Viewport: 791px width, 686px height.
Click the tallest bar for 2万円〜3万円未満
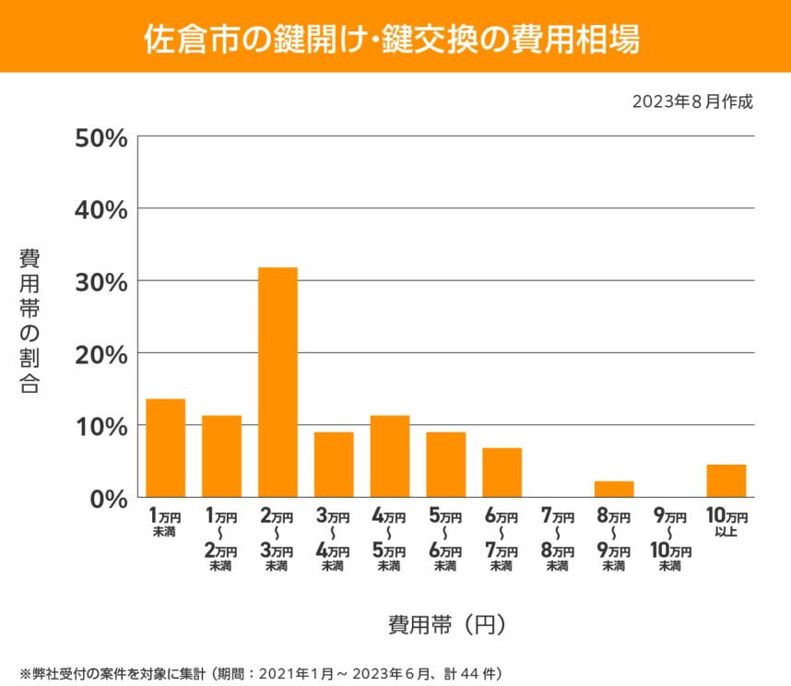pyautogui.click(x=277, y=383)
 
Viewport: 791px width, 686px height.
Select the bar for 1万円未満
pyautogui.click(x=166, y=448)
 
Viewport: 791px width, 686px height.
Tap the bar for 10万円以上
pyautogui.click(x=726, y=480)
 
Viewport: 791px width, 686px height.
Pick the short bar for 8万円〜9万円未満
pyautogui.click(x=614, y=489)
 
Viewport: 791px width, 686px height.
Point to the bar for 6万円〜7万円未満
pyautogui.click(x=502, y=472)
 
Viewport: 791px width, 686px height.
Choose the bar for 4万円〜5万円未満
pyautogui.click(x=390, y=456)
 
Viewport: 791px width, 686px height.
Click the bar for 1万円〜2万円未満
pyautogui.click(x=221, y=456)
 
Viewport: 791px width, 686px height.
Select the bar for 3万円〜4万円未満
pyautogui.click(x=334, y=465)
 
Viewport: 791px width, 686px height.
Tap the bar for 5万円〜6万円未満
pyautogui.click(x=445, y=465)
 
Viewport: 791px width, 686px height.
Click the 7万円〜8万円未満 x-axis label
pyautogui.click(x=558, y=538)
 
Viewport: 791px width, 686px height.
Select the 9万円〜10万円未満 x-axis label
pyautogui.click(x=670, y=538)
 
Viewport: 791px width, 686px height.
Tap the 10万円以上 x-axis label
pyautogui.click(x=726, y=521)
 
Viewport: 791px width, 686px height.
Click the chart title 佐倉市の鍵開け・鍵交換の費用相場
pyautogui.click(x=395, y=37)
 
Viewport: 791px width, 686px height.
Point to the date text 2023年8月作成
pyautogui.click(x=692, y=101)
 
